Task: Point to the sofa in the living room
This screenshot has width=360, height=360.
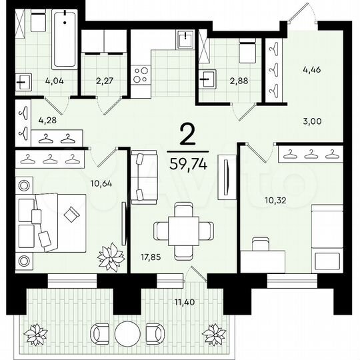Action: click(141, 177)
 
